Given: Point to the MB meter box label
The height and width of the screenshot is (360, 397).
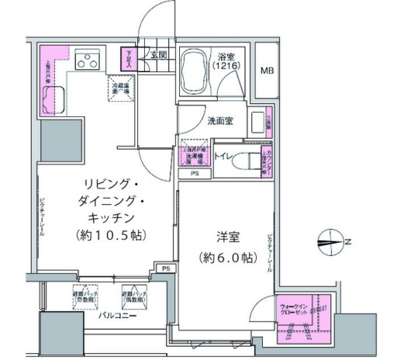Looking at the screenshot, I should click(x=266, y=71).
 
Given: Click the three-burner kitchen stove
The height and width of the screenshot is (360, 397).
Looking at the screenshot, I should click(x=89, y=58).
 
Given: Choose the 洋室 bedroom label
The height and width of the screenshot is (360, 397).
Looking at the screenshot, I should click(x=225, y=236).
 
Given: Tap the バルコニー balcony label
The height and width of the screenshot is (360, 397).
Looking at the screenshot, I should click(x=113, y=316).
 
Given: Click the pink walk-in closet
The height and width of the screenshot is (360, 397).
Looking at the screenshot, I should click(x=303, y=318).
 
